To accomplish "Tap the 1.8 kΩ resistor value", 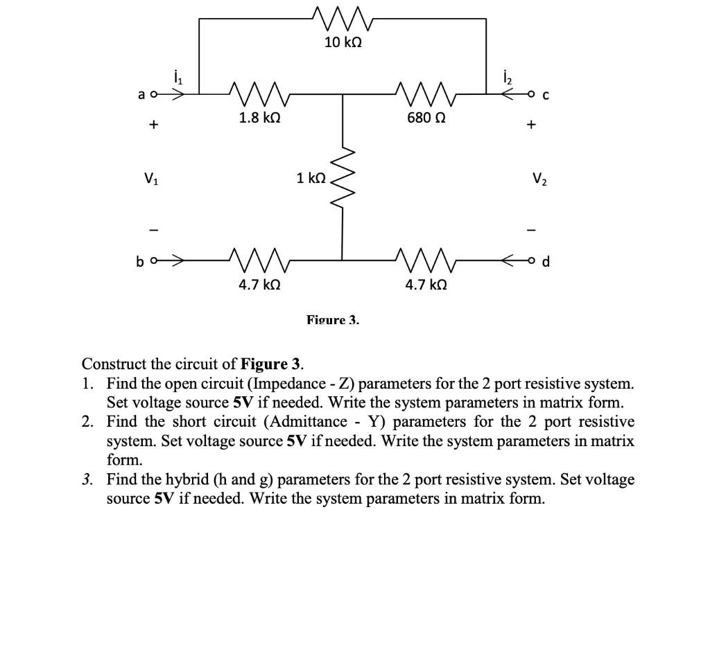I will coord(259,118).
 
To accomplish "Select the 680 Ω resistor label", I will coord(426,118).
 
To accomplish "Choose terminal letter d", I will coord(545,261).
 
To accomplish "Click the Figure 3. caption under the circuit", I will coord(333,319).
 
